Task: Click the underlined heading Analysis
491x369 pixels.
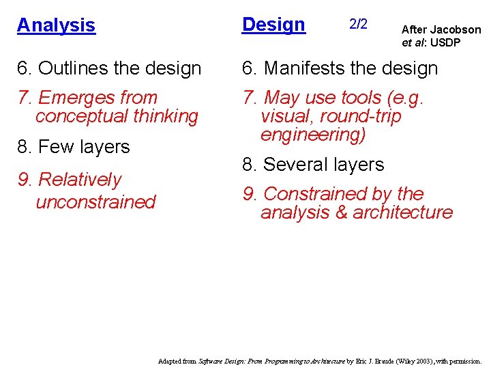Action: click(x=56, y=25)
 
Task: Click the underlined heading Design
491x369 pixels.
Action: click(x=273, y=25)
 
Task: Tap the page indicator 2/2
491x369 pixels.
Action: click(x=358, y=25)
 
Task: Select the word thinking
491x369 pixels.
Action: click(x=164, y=116)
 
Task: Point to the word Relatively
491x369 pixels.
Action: click(x=80, y=180)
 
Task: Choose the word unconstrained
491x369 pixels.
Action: click(x=95, y=202)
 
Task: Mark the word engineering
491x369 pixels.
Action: click(x=313, y=135)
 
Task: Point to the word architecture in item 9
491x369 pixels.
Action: click(x=403, y=213)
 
